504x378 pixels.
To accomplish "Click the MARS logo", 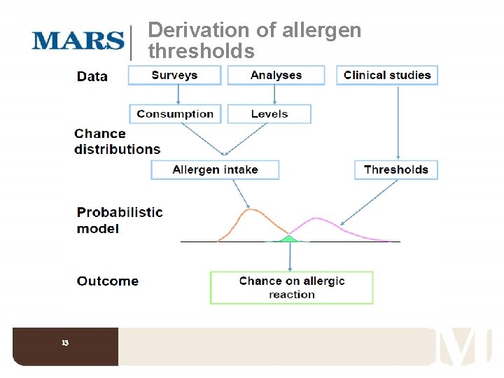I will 78,40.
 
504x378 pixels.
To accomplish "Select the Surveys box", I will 174,75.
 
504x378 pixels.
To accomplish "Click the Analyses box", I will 276,75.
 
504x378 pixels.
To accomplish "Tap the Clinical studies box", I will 387,75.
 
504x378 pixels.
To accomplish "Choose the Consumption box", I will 175,113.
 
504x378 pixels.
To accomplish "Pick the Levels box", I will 269,113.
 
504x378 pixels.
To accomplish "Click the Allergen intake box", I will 215,169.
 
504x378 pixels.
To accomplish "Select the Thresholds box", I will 396,169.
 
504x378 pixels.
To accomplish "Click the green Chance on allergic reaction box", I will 291,287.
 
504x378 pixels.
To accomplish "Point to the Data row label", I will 92,76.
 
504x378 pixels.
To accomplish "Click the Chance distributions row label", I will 117,141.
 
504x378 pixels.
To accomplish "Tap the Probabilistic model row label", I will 119,220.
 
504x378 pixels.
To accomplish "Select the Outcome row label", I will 108,281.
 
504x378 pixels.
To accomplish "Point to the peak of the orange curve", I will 251,209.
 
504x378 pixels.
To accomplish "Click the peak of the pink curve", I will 316,218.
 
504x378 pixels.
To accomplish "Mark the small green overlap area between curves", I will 288,239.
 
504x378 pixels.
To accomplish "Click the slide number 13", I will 65,343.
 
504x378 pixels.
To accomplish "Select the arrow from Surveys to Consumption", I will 178,94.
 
